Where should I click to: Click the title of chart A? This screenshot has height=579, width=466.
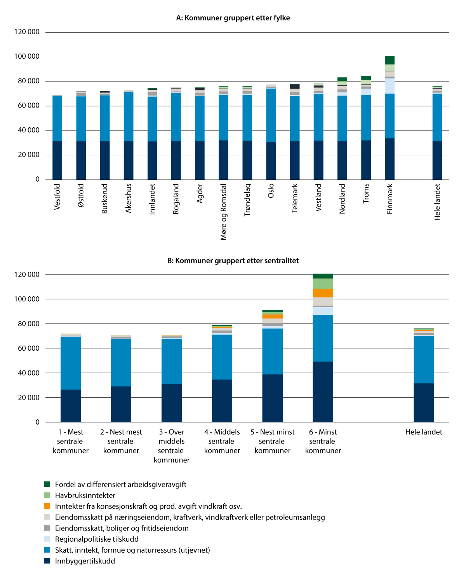(x=233, y=18)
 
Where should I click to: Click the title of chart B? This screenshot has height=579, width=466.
(x=233, y=261)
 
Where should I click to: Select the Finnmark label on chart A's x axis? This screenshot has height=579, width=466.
(x=390, y=198)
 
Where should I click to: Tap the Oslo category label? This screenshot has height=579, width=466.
(x=271, y=191)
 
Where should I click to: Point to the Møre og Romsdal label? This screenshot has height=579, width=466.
(x=223, y=212)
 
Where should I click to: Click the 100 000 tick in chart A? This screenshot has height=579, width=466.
(x=27, y=57)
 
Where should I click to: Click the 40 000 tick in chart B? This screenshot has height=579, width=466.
(x=27, y=373)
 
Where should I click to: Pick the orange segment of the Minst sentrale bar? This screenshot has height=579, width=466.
(x=323, y=293)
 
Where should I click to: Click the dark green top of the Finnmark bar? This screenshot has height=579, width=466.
(x=389, y=60)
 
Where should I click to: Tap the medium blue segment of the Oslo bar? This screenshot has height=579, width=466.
(x=271, y=115)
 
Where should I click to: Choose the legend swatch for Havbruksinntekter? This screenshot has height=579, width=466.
(x=47, y=495)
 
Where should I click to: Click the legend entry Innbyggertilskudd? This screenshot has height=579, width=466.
(x=85, y=561)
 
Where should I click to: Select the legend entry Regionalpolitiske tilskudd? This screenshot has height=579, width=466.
(x=96, y=539)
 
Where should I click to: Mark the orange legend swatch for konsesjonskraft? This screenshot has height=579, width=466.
(x=47, y=506)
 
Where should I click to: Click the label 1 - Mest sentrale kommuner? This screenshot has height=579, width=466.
(x=71, y=441)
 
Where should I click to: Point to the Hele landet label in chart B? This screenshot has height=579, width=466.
(x=423, y=432)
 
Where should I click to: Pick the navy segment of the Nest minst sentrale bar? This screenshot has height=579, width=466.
(x=272, y=398)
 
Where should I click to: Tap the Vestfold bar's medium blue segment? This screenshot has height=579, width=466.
(x=57, y=118)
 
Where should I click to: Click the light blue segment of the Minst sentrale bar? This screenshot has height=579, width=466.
(x=323, y=311)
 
